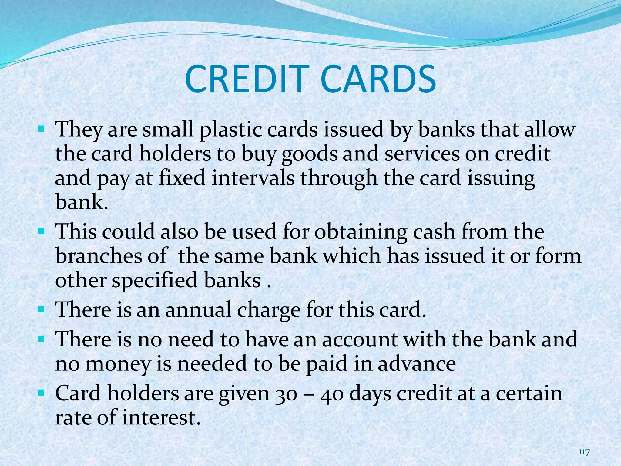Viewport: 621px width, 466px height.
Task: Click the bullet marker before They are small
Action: pos(41,130)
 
